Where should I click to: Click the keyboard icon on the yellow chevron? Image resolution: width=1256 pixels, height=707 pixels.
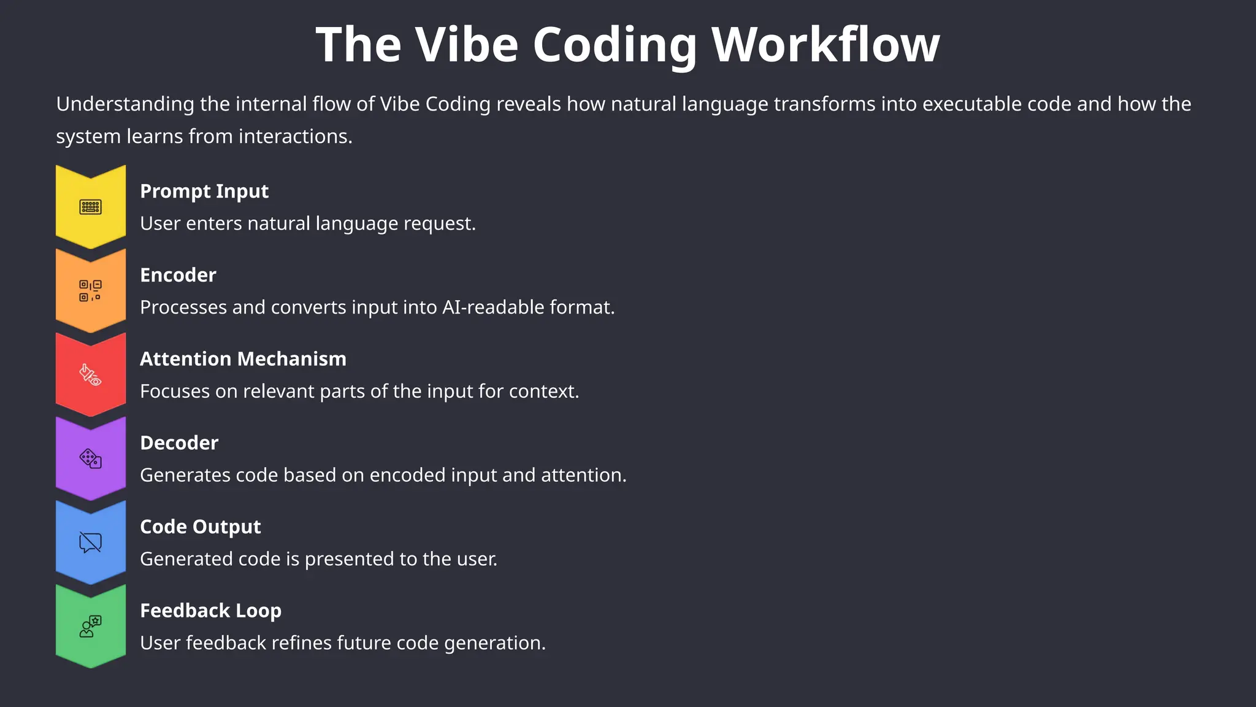[91, 207]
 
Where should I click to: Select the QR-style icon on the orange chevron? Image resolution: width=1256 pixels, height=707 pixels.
[91, 290]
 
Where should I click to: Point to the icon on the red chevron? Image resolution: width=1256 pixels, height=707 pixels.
[91, 374]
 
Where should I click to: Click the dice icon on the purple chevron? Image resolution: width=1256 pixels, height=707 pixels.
[91, 458]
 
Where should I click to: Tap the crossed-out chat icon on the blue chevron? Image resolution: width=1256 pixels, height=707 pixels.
[91, 543]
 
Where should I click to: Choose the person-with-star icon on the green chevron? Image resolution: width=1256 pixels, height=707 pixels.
[91, 626]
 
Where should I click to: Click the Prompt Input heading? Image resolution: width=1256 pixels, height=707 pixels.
[204, 191]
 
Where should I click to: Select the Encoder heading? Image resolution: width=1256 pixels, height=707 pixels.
[178, 275]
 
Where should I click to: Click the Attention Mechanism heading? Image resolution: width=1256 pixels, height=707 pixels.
[243, 359]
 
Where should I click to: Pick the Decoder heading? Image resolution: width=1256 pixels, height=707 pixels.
[179, 443]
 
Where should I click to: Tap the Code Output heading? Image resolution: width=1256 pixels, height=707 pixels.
[201, 527]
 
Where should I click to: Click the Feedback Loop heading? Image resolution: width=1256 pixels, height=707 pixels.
[210, 611]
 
